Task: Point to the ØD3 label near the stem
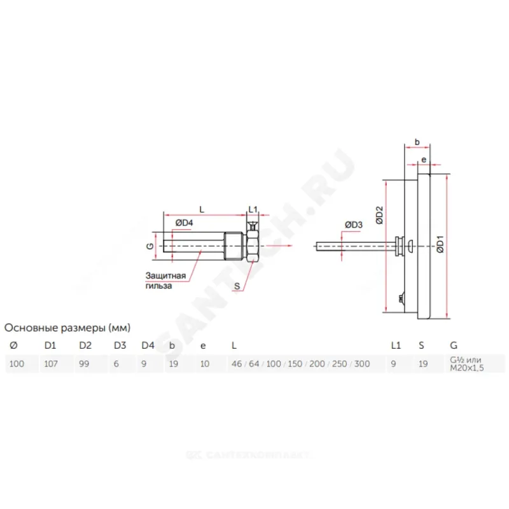point(353,225)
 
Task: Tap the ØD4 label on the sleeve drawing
point(184,222)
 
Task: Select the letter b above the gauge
point(417,142)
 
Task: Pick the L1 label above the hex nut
point(253,209)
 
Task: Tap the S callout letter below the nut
point(236,286)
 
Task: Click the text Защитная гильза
point(165,281)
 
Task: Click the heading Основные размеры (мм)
point(67,328)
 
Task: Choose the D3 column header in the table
point(119,345)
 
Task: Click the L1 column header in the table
point(395,345)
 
